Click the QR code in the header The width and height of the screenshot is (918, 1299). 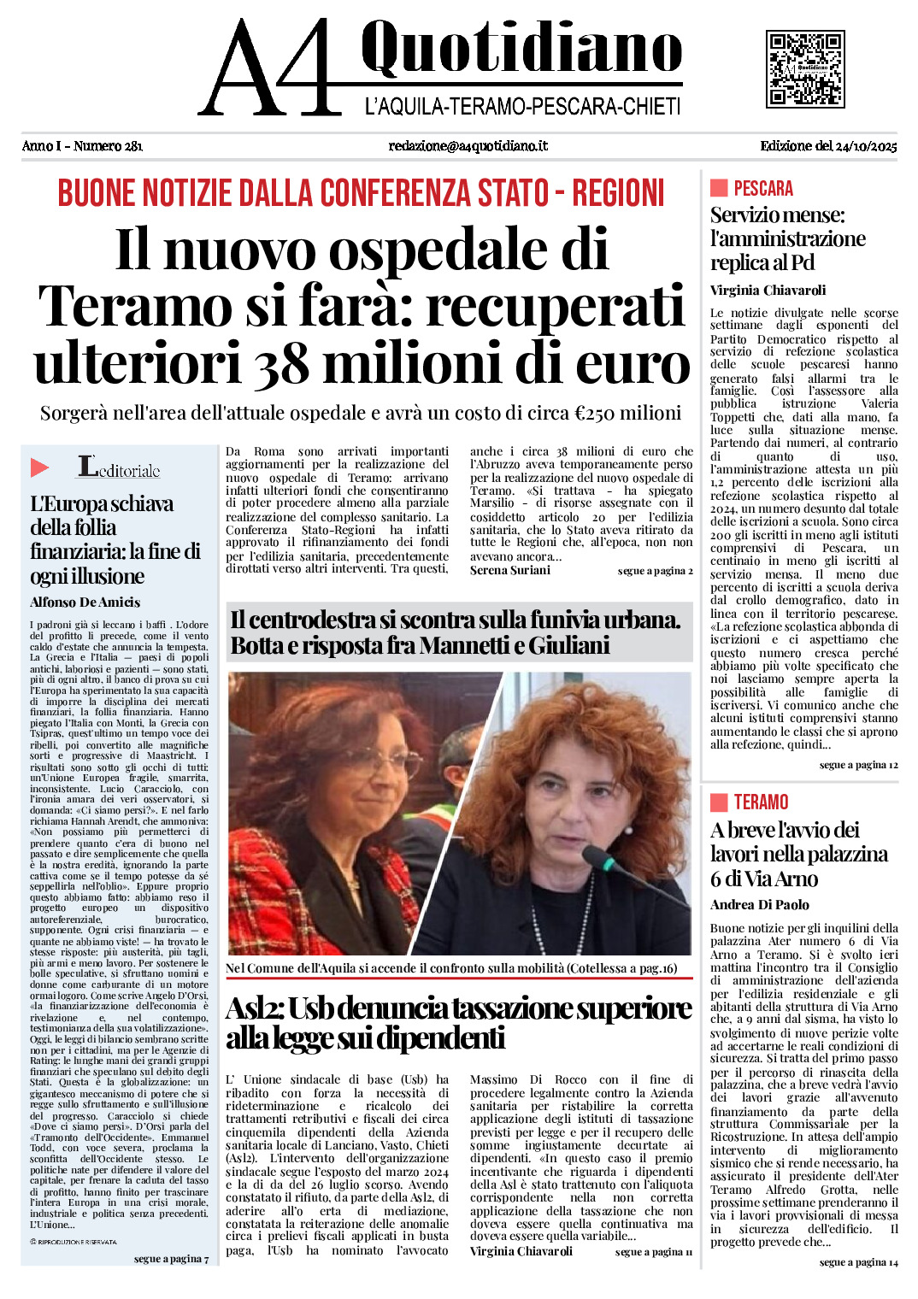(804, 68)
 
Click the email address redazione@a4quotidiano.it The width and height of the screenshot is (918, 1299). (468, 146)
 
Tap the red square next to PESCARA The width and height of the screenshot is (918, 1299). (719, 188)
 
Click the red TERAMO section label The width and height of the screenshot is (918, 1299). (761, 802)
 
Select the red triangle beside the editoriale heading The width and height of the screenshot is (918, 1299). (39, 467)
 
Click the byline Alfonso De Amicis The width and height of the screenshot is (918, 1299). (85, 602)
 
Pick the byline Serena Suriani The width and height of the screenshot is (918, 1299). (510, 570)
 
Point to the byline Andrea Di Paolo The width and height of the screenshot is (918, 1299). (759, 904)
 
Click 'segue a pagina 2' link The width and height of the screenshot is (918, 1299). (655, 571)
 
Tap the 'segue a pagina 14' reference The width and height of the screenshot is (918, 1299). (858, 1262)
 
